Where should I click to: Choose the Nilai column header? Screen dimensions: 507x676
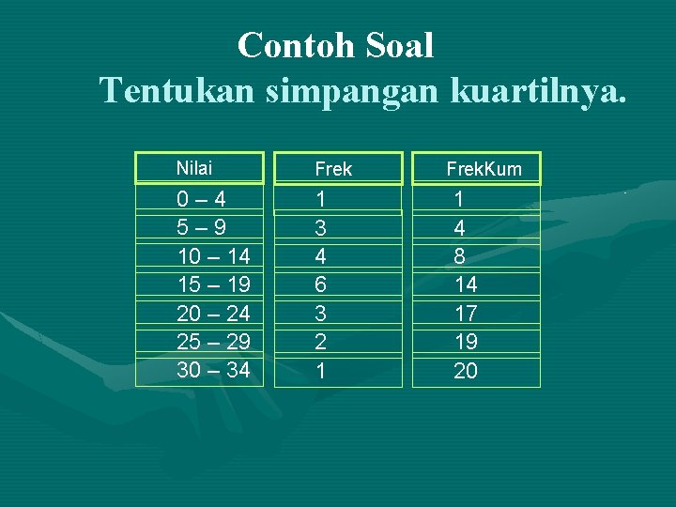tap(194, 168)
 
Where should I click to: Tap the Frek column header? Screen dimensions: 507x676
tap(333, 169)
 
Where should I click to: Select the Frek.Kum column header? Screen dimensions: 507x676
tap(484, 169)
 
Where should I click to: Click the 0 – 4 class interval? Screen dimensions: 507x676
tap(201, 199)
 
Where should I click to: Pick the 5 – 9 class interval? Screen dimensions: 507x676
tap(201, 227)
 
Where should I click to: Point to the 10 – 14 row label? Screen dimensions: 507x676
tap(213, 255)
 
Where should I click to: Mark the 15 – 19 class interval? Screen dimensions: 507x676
tap(213, 284)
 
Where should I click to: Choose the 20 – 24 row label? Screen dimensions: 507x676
tap(213, 313)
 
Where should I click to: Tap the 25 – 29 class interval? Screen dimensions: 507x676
tap(213, 342)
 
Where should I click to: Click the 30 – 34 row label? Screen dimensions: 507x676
tap(213, 370)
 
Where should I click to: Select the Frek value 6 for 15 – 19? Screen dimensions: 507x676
tap(321, 284)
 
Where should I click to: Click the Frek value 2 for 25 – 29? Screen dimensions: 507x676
tap(321, 342)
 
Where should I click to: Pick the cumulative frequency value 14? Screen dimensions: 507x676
tap(466, 284)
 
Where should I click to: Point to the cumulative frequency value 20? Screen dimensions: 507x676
tap(466, 371)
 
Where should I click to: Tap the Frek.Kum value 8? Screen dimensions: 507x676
tap(460, 255)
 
